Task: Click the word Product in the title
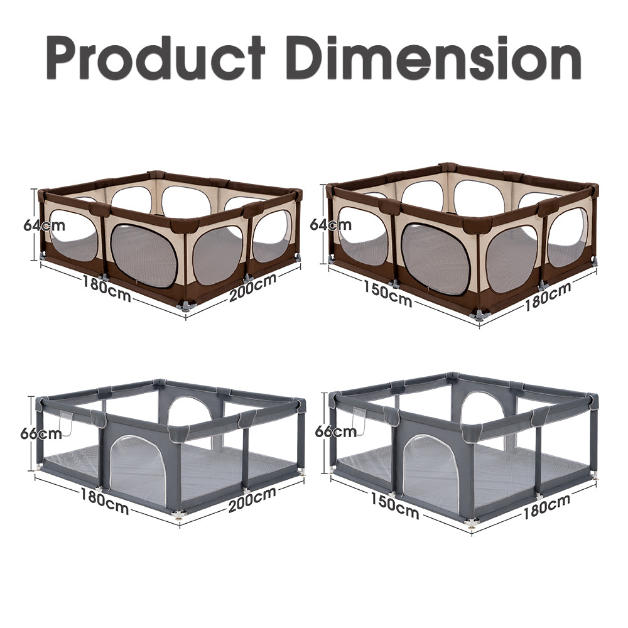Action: click(155, 58)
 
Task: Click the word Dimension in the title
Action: click(433, 58)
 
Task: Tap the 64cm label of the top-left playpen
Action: click(44, 225)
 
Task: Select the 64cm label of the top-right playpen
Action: click(331, 225)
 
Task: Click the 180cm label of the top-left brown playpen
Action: click(107, 288)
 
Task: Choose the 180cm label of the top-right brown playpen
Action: click(548, 296)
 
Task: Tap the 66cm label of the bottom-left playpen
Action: click(41, 434)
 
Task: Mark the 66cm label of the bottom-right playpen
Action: click(335, 431)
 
